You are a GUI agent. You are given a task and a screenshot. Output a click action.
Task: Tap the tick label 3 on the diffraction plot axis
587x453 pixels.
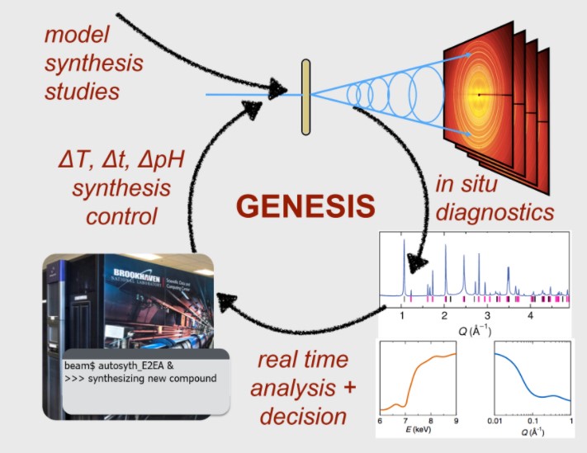[x=487, y=315]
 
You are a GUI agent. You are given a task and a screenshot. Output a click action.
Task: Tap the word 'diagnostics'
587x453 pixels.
[x=495, y=212]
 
